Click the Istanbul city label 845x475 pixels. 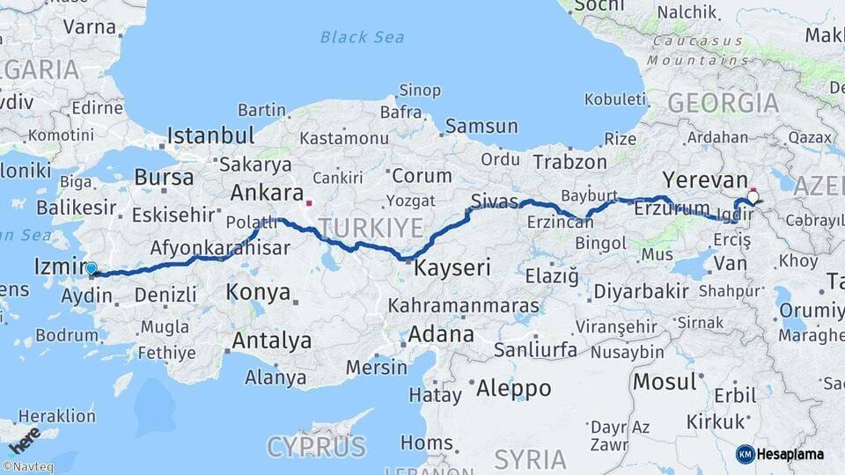tap(211, 136)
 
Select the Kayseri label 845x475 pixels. tap(452, 267)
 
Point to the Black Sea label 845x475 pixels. tap(362, 37)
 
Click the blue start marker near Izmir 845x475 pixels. tap(91, 268)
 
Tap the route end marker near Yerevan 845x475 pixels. tap(753, 195)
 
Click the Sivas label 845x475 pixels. tap(495, 201)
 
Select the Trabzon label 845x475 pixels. tap(570, 162)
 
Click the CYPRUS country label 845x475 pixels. tap(316, 447)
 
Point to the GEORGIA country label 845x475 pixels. tap(723, 103)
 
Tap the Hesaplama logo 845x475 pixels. tap(780, 454)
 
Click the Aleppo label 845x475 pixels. tap(513, 388)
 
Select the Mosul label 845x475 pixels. tap(665, 382)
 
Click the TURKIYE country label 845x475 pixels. tap(371, 229)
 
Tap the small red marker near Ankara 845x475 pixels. tap(309, 203)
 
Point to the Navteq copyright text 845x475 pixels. tap(30, 467)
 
